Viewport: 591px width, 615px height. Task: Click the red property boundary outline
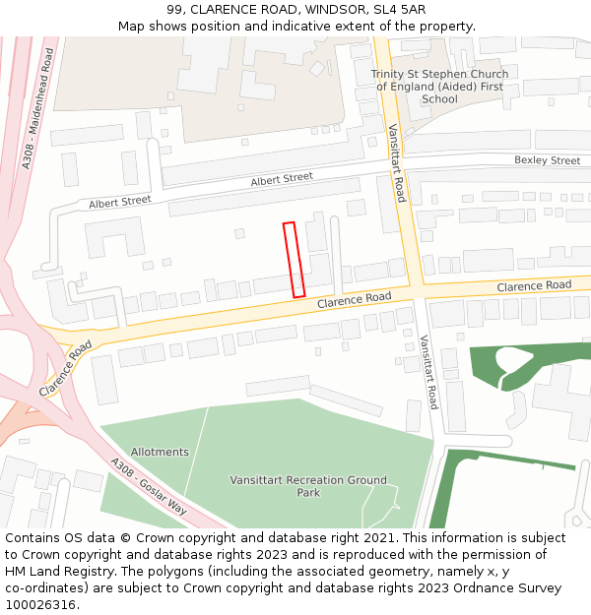click(294, 260)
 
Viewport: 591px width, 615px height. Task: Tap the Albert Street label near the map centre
click(282, 179)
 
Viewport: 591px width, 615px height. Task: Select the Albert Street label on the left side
click(120, 202)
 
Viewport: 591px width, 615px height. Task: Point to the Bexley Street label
click(547, 160)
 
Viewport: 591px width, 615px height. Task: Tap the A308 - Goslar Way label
click(148, 487)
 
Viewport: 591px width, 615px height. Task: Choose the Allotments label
click(160, 453)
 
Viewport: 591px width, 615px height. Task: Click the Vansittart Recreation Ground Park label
click(308, 486)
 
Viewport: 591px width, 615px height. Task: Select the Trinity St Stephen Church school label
click(439, 87)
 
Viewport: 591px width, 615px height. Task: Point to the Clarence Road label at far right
click(534, 285)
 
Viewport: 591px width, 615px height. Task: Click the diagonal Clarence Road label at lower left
click(66, 368)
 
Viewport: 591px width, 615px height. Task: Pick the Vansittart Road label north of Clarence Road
click(396, 162)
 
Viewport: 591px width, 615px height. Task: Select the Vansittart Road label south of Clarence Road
click(428, 372)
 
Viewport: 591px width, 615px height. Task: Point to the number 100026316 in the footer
click(41, 604)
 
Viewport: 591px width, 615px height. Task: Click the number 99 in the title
click(175, 9)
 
